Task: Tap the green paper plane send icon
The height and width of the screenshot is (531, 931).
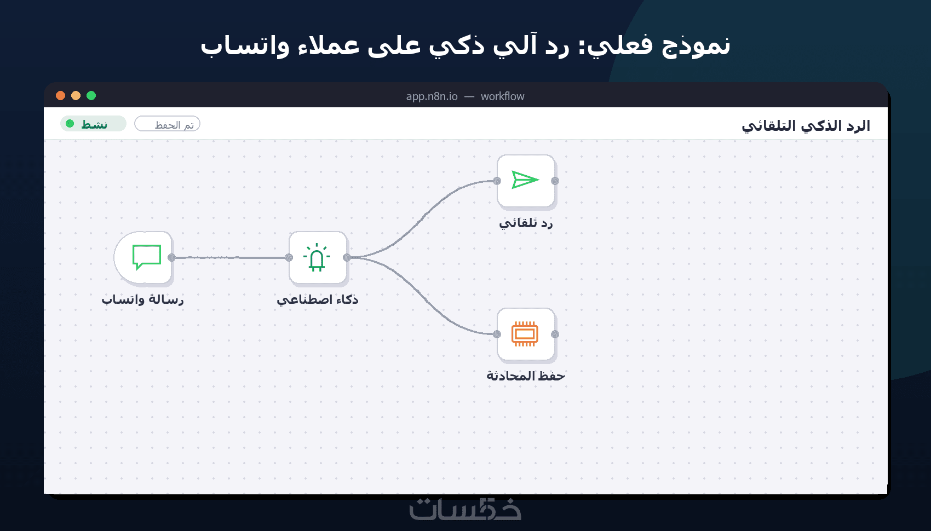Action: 525,180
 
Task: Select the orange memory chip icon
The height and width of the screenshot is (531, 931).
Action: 525,333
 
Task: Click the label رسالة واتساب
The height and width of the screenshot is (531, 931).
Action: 142,299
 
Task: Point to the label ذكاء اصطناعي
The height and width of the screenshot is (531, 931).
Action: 318,299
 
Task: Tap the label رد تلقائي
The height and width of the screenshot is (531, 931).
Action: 526,223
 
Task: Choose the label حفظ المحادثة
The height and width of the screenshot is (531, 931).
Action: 526,376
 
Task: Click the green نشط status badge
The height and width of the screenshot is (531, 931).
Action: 93,124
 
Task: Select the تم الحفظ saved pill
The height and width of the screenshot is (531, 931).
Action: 167,124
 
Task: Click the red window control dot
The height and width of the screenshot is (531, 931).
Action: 60,96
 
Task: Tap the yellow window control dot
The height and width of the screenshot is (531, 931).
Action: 76,96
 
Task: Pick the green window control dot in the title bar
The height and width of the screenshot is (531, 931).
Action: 91,96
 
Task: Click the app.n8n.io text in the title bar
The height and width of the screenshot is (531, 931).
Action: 432,96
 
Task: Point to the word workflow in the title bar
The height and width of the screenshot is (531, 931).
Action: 503,96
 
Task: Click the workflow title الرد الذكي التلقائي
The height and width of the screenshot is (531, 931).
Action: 806,125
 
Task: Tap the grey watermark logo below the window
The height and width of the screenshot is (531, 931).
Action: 465,509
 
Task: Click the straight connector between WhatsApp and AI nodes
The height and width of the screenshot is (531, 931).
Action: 230,258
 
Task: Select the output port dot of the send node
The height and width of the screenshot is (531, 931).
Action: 555,181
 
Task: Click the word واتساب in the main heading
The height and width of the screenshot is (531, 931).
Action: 245,45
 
